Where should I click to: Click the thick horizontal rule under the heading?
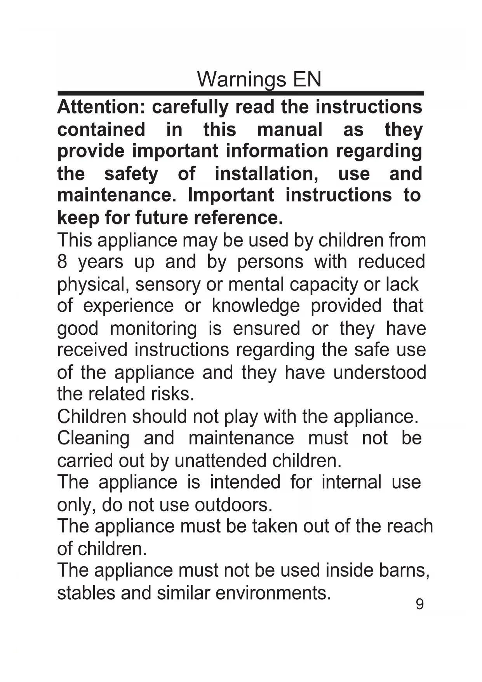240,93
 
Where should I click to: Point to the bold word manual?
290,129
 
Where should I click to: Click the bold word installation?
266,173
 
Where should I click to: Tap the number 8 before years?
62,262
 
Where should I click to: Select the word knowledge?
256,306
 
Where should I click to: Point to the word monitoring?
153,329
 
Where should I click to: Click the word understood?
379,372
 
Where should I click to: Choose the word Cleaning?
93,438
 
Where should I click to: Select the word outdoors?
233,505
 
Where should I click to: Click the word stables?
86,593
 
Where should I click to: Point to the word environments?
273,593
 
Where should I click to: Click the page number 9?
419,604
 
